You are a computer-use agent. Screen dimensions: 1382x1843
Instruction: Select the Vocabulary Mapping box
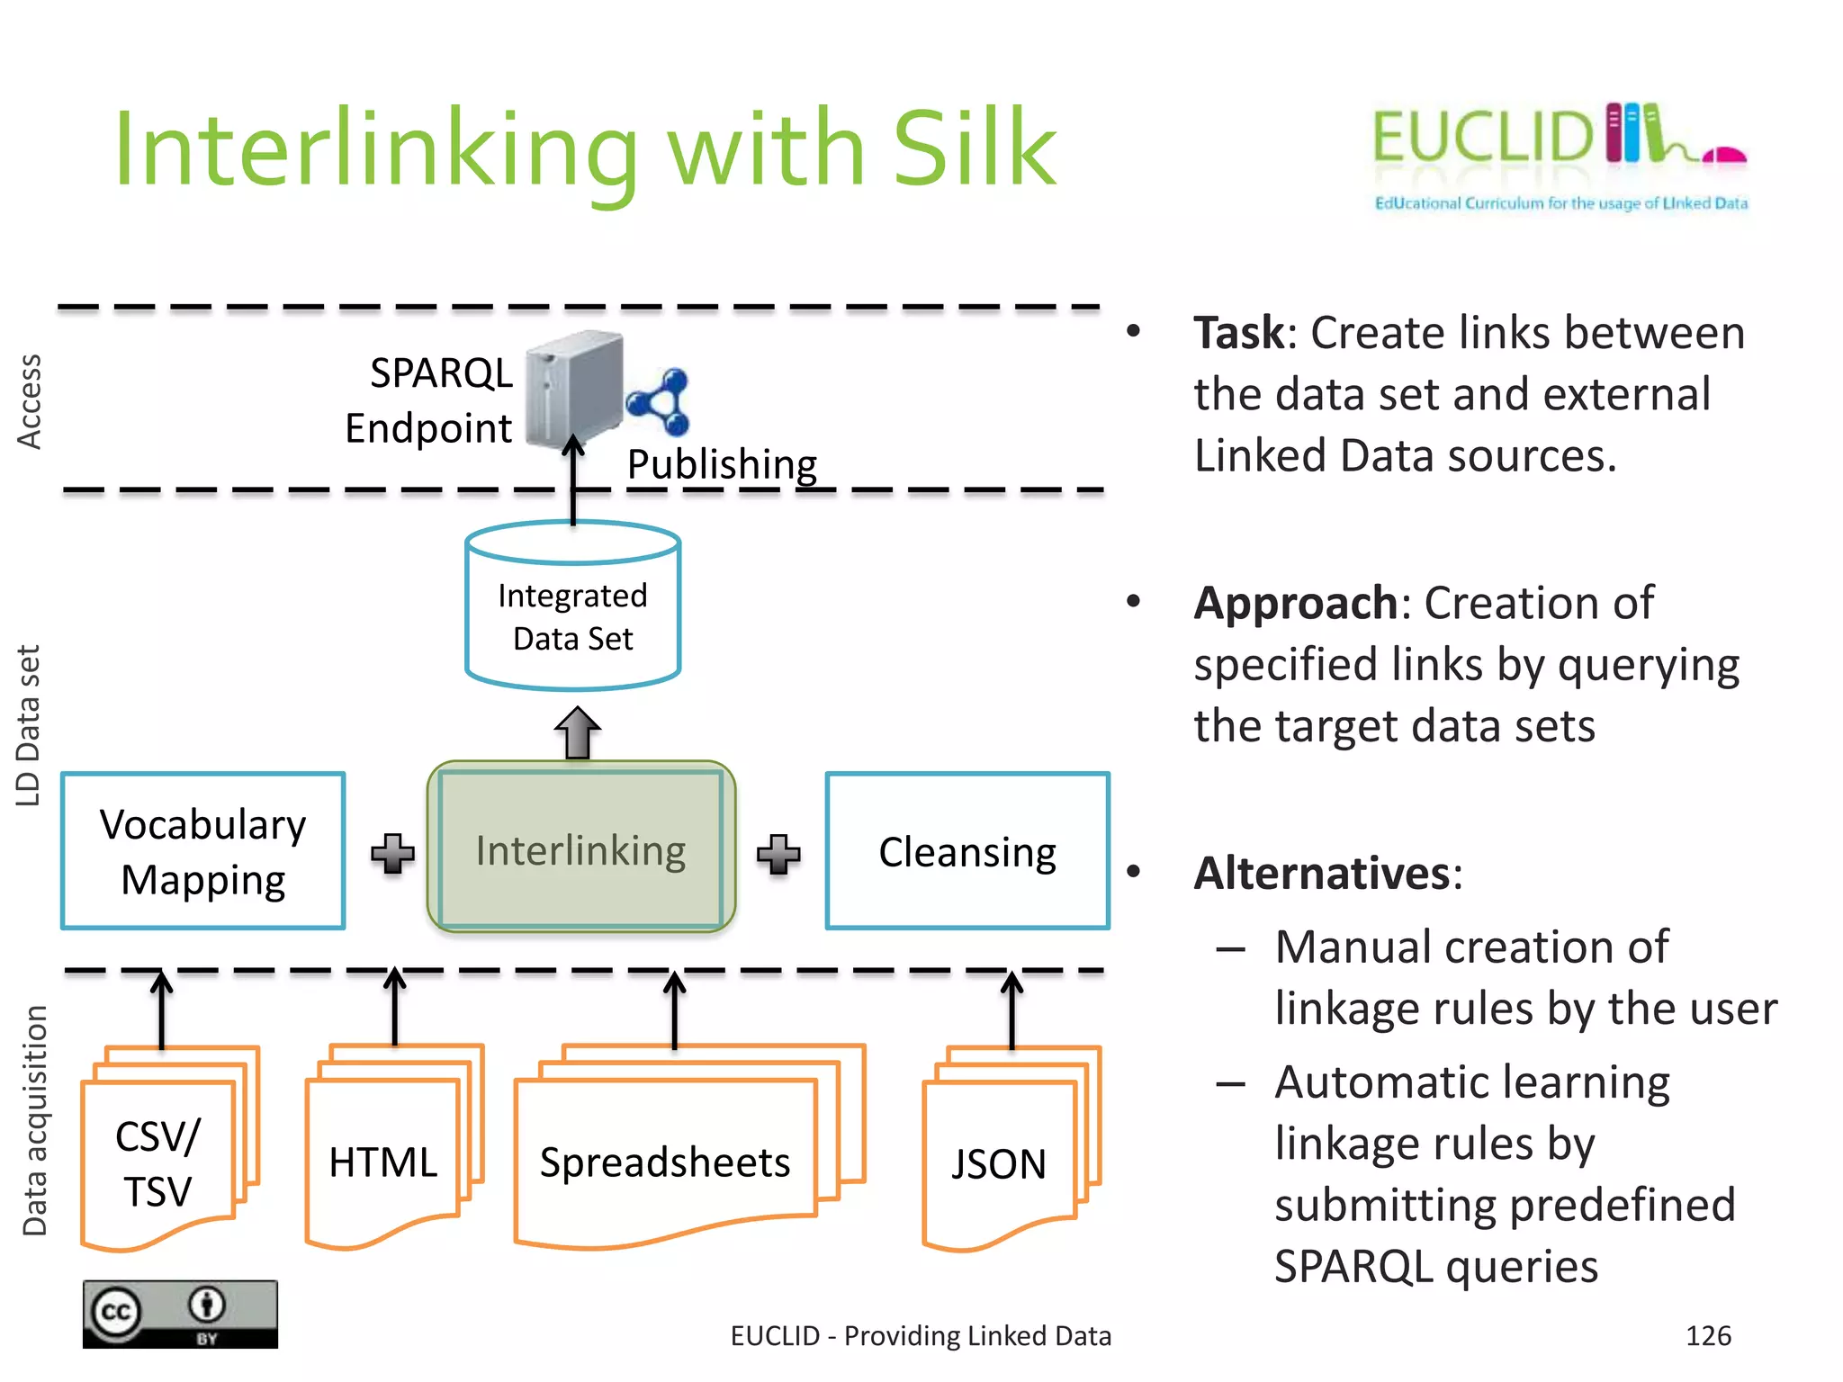point(203,851)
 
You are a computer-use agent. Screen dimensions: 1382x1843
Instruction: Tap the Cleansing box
point(967,851)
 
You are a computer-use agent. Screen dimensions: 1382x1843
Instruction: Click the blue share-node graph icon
point(659,402)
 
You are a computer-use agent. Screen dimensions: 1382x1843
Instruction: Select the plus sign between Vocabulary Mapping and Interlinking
point(393,853)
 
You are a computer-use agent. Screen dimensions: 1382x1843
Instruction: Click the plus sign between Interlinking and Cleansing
point(778,853)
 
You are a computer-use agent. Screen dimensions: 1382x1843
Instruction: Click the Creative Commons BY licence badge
point(180,1314)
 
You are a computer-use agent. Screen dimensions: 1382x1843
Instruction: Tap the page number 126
point(1708,1335)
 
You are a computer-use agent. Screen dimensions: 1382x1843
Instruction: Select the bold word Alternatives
point(1321,873)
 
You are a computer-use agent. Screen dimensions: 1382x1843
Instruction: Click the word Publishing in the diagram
point(722,464)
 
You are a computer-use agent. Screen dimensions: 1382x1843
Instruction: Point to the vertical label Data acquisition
point(34,1120)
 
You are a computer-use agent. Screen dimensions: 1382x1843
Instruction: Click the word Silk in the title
point(974,148)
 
